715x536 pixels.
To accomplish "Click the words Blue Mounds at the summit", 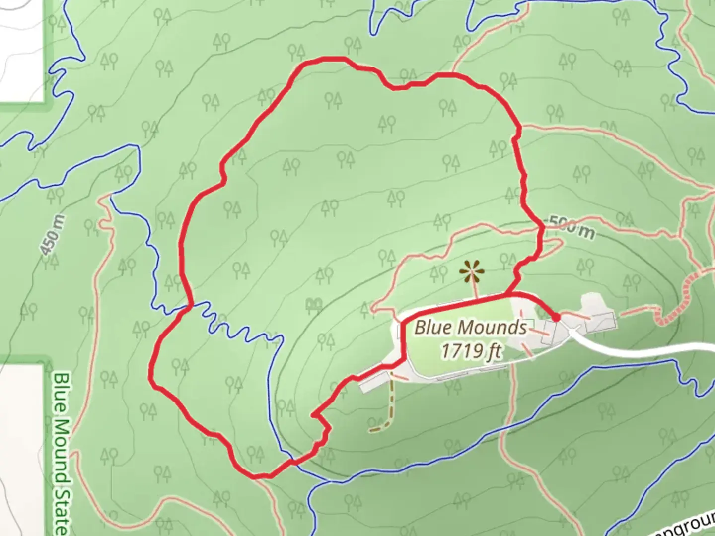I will click(x=470, y=328).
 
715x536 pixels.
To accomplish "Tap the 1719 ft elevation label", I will click(x=471, y=350).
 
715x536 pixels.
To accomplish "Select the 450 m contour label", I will click(x=53, y=235).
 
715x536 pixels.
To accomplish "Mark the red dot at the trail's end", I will click(x=556, y=317).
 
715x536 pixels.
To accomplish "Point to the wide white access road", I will click(x=645, y=347).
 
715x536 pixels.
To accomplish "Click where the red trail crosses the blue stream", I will click(x=189, y=306).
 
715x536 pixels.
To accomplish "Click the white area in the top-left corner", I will click(x=22, y=50).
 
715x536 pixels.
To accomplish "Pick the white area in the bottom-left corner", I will click(x=22, y=447).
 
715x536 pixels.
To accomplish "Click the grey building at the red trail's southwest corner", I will click(x=373, y=381).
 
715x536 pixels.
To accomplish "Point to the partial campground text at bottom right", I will click(x=685, y=526).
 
